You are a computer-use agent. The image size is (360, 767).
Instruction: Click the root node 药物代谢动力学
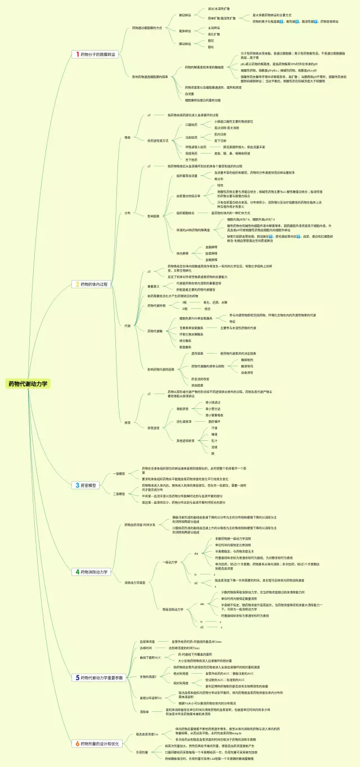pyautogui.click(x=28, y=384)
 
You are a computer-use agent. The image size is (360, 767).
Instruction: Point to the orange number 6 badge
pyautogui.click(x=77, y=743)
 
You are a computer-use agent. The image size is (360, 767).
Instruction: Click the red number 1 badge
pyautogui.click(x=77, y=55)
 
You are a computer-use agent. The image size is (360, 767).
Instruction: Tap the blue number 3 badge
pyautogui.click(x=77, y=485)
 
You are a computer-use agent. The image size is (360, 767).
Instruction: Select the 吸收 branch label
pyautogui.click(x=127, y=137)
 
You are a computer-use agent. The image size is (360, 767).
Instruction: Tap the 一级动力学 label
pyautogui.click(x=169, y=562)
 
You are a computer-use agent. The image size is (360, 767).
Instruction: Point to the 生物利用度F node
pyautogui.click(x=147, y=676)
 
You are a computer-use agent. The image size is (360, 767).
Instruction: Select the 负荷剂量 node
pyautogui.click(x=141, y=752)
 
